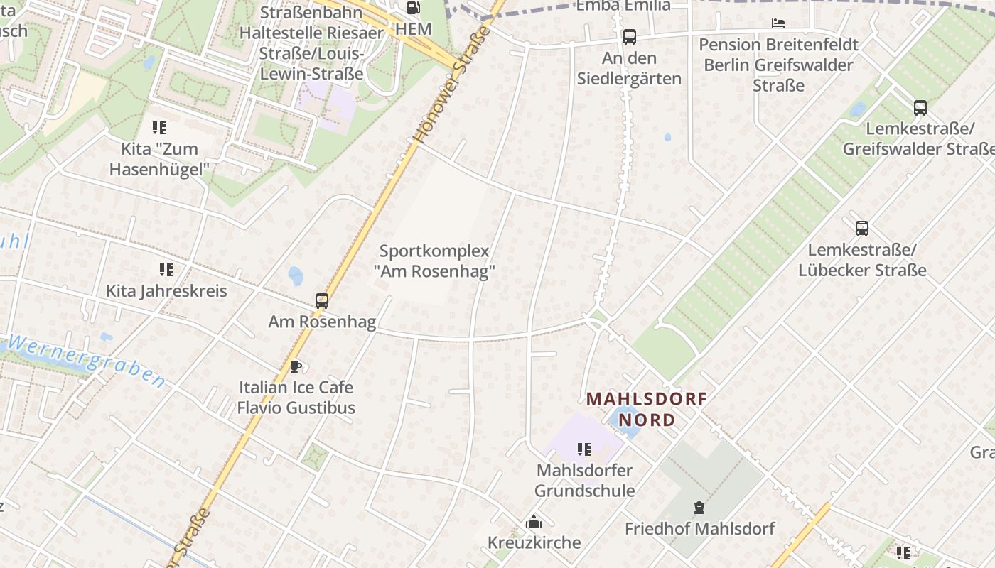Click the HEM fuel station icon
tap(413, 8)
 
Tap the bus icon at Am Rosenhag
tap(322, 301)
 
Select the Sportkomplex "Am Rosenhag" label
tap(434, 261)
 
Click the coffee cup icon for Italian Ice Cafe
tap(295, 367)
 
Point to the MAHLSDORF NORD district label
tap(646, 409)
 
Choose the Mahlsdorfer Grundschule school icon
tap(584, 449)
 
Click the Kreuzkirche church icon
tap(534, 523)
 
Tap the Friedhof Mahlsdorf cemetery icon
tap(699, 508)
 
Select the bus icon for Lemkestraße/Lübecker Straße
tap(862, 229)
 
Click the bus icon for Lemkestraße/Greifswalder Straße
tap(920, 108)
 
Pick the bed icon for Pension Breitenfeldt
tap(778, 23)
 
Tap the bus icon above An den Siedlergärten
tap(629, 37)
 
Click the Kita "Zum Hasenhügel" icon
tap(159, 128)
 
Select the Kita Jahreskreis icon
tap(166, 270)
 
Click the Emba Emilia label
tap(623, 6)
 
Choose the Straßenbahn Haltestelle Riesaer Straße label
tap(311, 43)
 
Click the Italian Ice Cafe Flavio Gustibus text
tap(296, 398)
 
